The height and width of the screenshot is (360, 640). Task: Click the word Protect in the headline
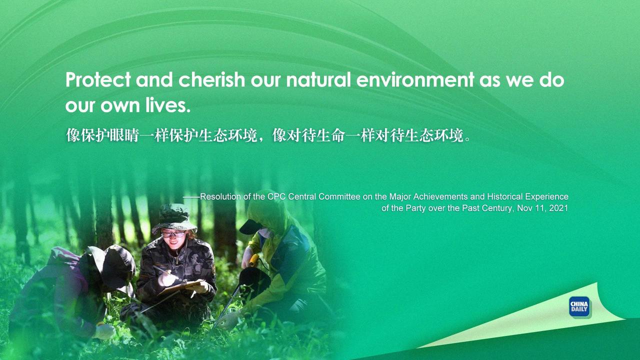pyautogui.click(x=98, y=79)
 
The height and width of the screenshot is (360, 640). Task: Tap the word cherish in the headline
pyautogui.click(x=211, y=79)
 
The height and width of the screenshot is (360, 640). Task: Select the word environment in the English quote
pyautogui.click(x=415, y=79)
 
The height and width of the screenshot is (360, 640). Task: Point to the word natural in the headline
pyautogui.click(x=318, y=79)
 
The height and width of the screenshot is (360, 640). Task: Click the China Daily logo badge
pyautogui.click(x=579, y=306)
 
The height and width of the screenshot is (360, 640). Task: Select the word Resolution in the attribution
pyautogui.click(x=220, y=196)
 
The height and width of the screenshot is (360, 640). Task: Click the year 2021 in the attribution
pyautogui.click(x=558, y=207)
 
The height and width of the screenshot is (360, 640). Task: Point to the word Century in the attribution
pyautogui.click(x=497, y=208)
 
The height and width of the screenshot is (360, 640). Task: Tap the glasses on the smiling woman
pyautogui.click(x=173, y=234)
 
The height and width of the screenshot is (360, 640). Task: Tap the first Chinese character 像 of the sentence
pyautogui.click(x=73, y=135)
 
